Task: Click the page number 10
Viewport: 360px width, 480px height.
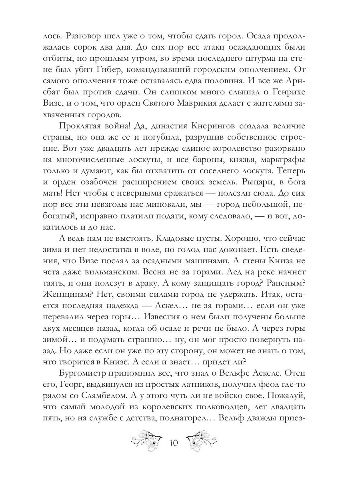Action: (x=174, y=443)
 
